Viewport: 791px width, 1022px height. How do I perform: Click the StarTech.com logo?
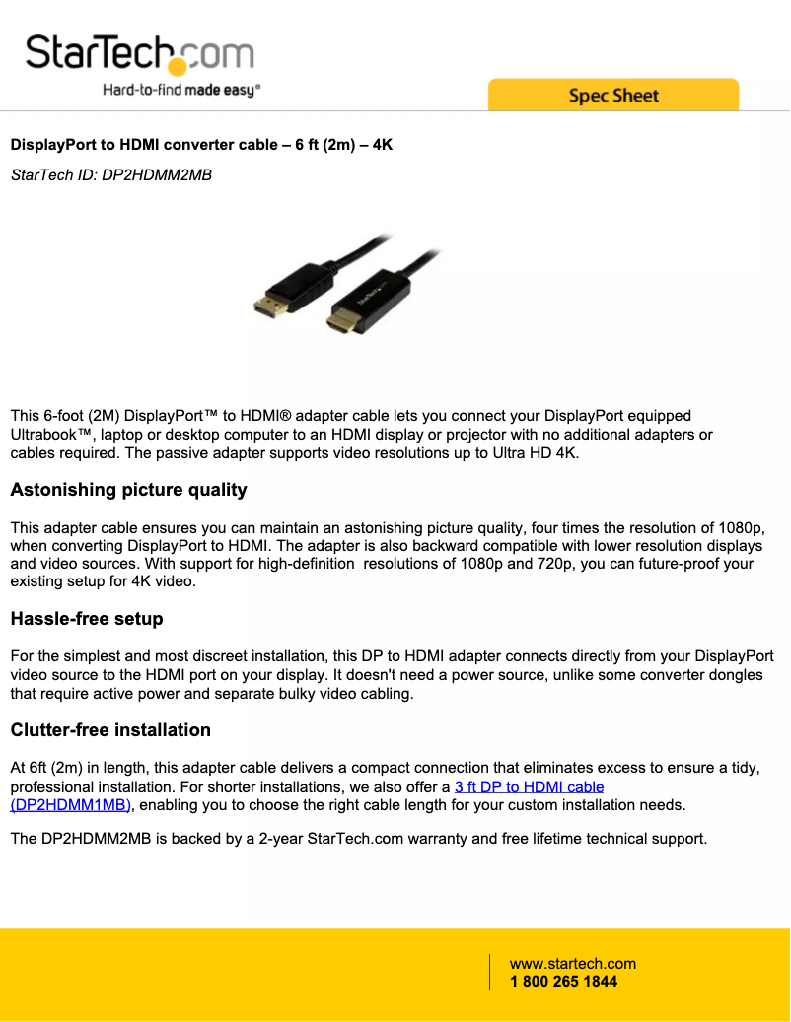tap(139, 53)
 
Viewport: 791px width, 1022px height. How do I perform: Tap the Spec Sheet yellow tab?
tap(612, 96)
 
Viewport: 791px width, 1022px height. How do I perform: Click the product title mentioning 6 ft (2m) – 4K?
tap(201, 145)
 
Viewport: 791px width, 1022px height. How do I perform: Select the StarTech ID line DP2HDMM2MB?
tap(110, 175)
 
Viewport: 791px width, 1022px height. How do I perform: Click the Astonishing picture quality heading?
tap(128, 490)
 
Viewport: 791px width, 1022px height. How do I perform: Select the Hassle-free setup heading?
tap(87, 619)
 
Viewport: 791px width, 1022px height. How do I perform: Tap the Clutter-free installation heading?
tap(110, 730)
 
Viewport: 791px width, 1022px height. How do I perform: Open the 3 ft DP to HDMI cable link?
tap(529, 786)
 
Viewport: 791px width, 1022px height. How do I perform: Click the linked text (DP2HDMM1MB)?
tap(71, 805)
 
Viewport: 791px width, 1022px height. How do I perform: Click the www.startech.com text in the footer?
tap(572, 964)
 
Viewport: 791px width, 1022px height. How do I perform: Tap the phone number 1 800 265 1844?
tap(563, 982)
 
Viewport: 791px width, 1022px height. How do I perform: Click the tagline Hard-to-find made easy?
tap(181, 90)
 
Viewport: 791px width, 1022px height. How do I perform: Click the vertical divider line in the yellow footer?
tap(490, 972)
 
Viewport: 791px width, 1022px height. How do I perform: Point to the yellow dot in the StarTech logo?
tap(177, 66)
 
